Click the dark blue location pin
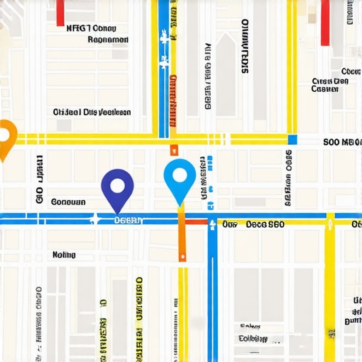click(x=117, y=187)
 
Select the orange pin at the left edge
click(x=5, y=137)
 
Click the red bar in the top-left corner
click(x=60, y=12)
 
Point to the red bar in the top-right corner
click(x=325, y=22)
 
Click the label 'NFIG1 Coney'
click(x=90, y=28)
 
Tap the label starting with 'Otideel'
click(x=92, y=112)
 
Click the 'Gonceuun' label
click(x=69, y=202)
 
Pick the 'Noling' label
click(x=64, y=255)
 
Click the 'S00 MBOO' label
click(x=341, y=141)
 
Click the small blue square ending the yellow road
click(x=292, y=140)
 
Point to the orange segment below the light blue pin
click(x=182, y=237)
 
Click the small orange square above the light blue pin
click(x=173, y=149)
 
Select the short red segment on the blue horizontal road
click(x=198, y=221)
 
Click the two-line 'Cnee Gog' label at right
click(x=330, y=85)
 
